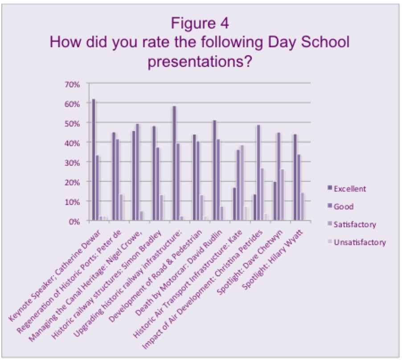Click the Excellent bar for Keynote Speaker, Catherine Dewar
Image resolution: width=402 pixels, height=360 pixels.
click(94, 160)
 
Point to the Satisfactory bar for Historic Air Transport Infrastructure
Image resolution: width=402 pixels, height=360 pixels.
click(242, 183)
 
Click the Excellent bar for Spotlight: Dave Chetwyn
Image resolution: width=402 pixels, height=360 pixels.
click(275, 201)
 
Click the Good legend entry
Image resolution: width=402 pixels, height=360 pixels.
click(343, 206)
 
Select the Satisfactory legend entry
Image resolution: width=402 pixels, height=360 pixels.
click(354, 224)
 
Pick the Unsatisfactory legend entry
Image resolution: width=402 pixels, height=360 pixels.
click(359, 242)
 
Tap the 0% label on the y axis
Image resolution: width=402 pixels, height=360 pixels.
click(75, 221)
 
